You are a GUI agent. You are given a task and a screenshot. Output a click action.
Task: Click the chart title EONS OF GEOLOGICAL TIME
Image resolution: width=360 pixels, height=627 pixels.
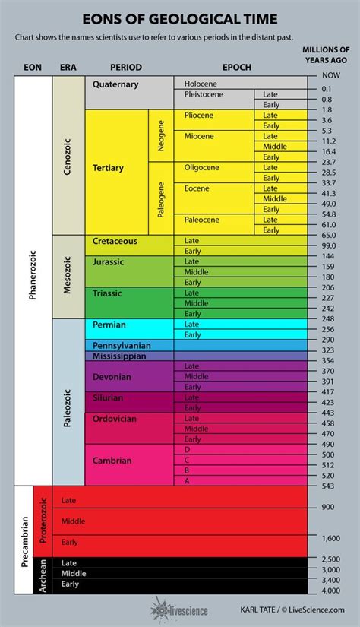pos(180,18)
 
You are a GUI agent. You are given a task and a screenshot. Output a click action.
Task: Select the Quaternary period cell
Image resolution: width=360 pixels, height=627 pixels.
pos(116,84)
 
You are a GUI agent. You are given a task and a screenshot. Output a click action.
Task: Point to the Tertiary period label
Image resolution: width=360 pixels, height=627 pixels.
pos(108,167)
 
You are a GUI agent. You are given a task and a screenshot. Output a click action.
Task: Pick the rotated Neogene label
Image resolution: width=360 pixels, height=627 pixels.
pos(161,135)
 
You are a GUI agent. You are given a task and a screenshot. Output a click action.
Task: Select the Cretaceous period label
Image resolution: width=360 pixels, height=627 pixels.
pos(115,241)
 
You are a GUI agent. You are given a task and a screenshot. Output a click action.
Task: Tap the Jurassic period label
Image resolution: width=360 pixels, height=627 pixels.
pos(109,261)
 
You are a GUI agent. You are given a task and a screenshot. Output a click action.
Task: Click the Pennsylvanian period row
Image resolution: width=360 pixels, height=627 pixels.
pos(125,345)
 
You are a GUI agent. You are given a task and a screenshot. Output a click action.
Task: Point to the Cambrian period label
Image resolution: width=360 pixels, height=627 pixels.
pos(112,460)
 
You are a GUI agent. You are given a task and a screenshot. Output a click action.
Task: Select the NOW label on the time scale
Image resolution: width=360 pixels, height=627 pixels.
pos(330,76)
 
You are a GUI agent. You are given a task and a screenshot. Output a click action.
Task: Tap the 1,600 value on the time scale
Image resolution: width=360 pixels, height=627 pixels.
pos(330,537)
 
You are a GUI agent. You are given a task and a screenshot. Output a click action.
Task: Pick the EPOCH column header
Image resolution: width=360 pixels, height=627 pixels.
pos(237,68)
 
